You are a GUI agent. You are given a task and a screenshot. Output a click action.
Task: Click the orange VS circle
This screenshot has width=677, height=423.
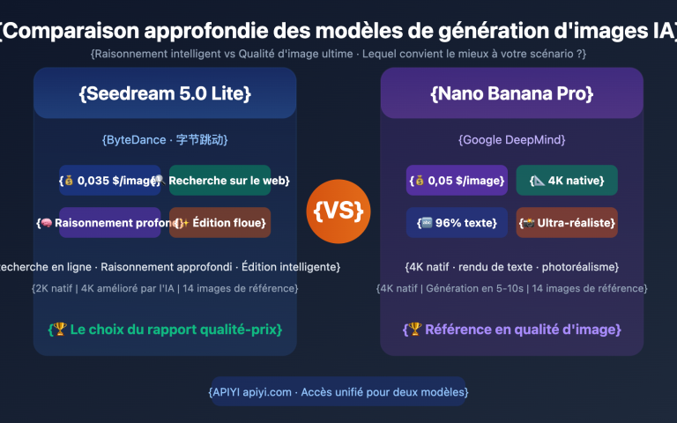click(338, 211)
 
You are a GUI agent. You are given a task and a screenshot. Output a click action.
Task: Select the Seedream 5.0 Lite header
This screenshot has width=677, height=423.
click(165, 93)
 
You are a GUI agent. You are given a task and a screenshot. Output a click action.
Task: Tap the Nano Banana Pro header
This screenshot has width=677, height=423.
click(511, 93)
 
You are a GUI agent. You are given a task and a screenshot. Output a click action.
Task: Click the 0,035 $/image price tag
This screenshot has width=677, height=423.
click(110, 181)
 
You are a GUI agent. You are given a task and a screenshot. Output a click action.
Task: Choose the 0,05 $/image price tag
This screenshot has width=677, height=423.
click(457, 181)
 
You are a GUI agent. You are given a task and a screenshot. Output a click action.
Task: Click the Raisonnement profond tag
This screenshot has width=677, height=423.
click(110, 223)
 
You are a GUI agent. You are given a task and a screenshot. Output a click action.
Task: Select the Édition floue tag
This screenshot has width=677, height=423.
click(220, 223)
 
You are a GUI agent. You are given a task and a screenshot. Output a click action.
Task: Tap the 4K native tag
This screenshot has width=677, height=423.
click(567, 181)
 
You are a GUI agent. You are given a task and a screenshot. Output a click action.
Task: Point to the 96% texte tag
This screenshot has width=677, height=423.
click(457, 223)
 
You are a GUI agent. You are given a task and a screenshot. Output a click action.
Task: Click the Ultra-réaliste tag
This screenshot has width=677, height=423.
click(567, 223)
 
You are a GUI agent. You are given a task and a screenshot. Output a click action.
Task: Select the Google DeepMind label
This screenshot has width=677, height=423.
click(511, 139)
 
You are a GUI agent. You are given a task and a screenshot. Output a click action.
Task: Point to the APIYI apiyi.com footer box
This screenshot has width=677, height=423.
click(338, 391)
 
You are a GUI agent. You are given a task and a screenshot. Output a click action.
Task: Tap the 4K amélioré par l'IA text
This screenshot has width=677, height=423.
click(127, 288)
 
